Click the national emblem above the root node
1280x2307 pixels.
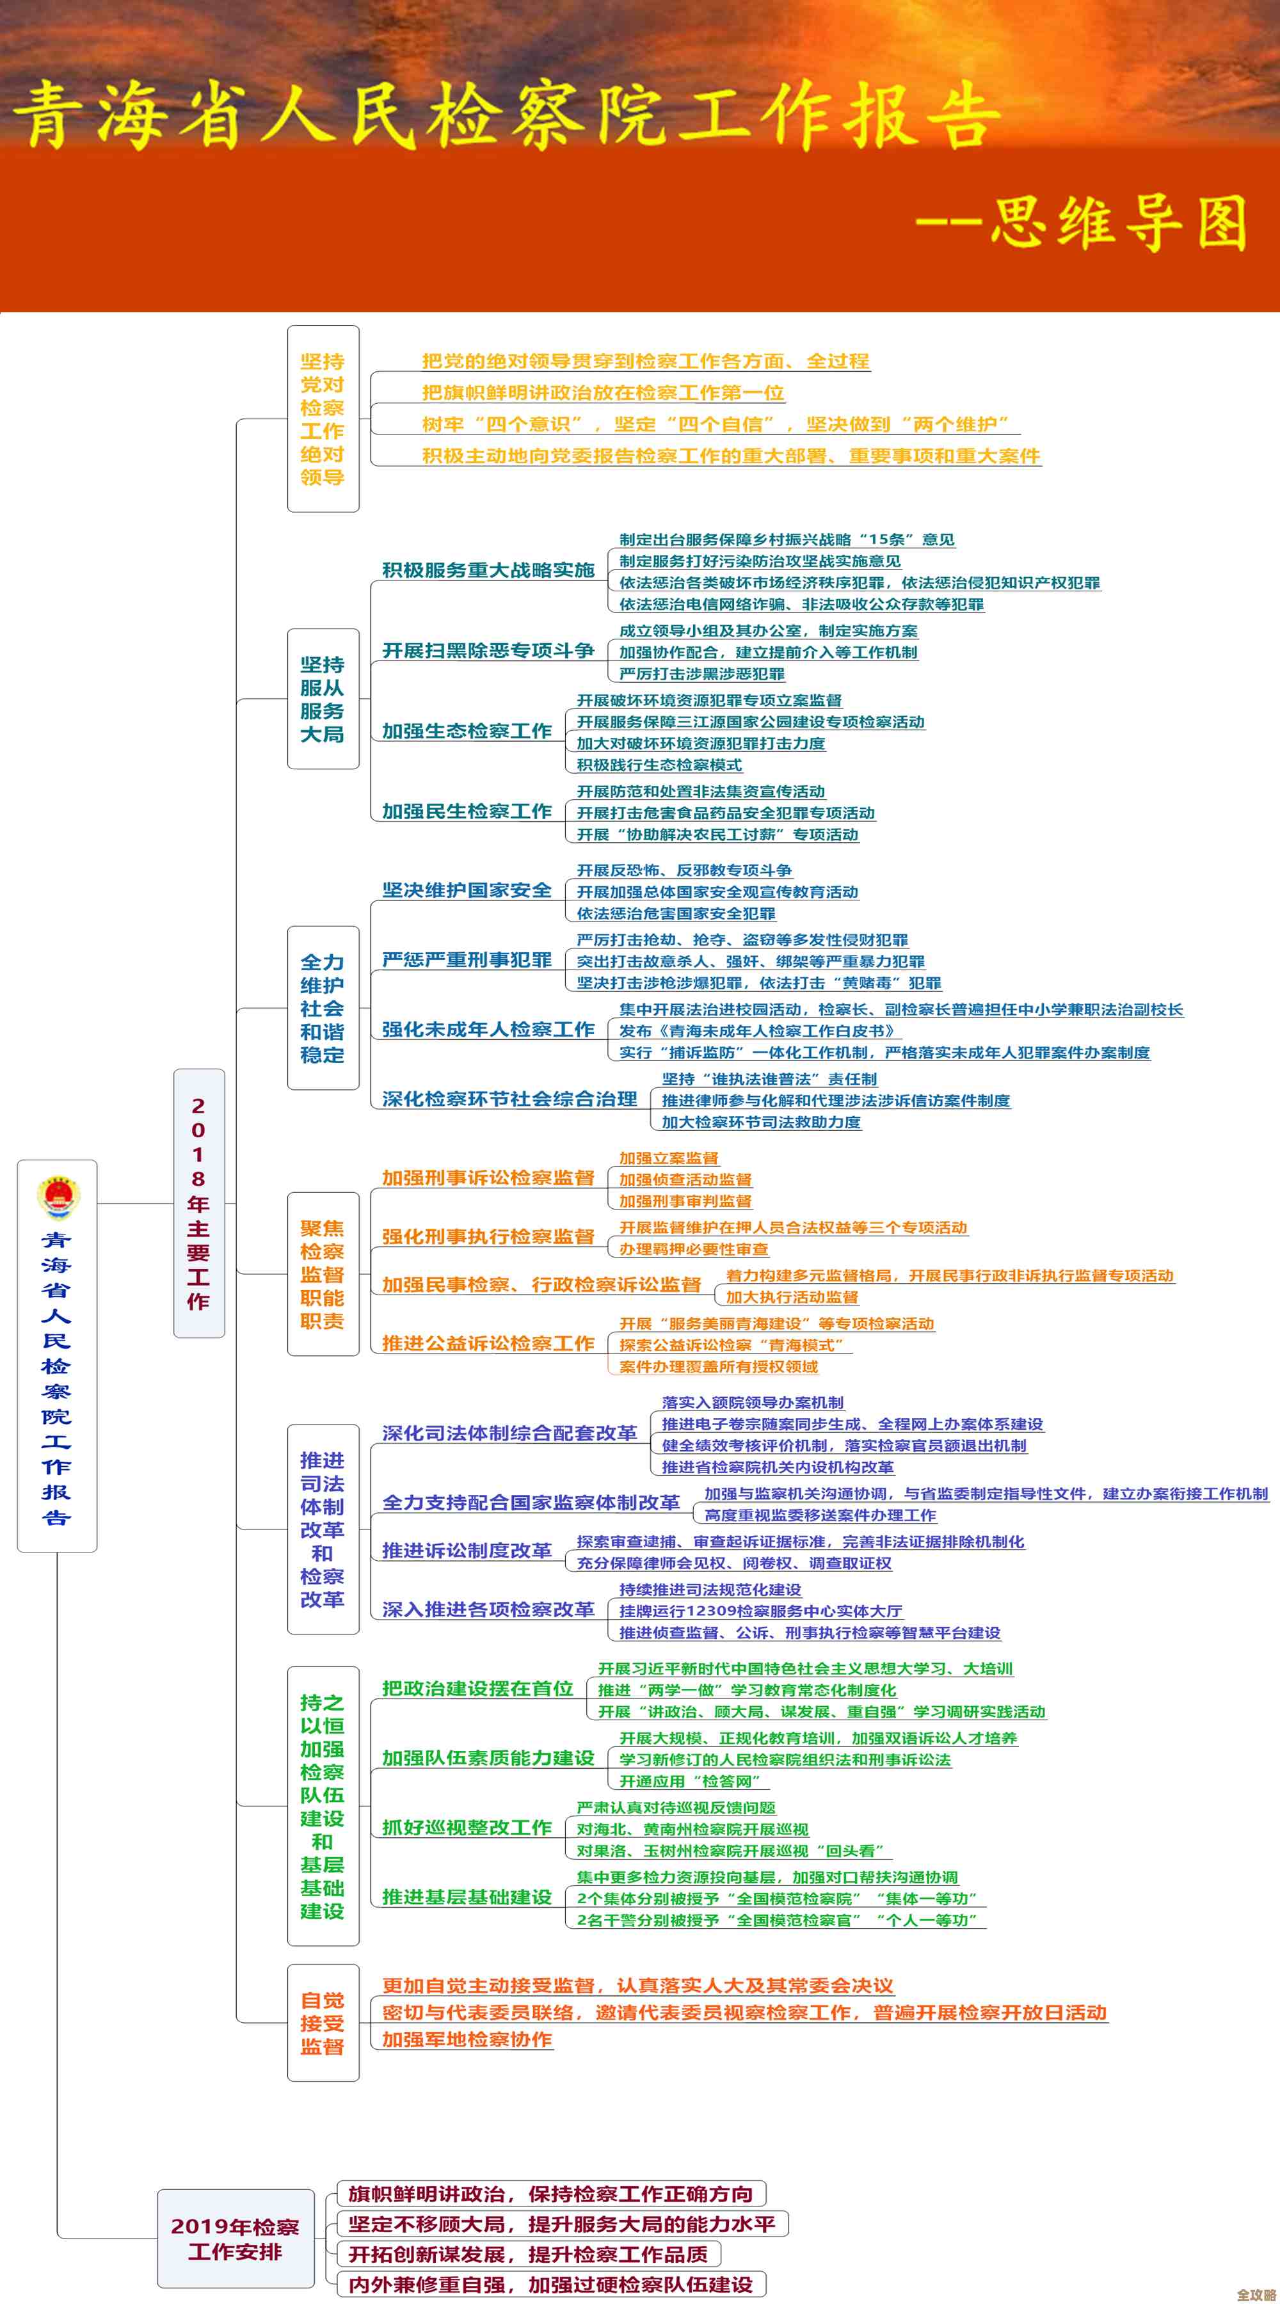pos(58,1197)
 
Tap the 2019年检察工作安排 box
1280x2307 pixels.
pos(236,2238)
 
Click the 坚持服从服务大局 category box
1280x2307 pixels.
pos(323,699)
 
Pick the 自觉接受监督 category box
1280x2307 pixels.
pos(323,2023)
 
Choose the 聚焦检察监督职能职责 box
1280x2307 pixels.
pos(323,1273)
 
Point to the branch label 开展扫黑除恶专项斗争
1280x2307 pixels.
pos(488,650)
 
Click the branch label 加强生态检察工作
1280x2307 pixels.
pos(467,731)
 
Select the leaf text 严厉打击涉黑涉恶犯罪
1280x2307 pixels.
pos(701,673)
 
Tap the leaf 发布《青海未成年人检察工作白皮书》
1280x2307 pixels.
pos(758,1031)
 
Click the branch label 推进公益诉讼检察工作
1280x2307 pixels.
pos(488,1343)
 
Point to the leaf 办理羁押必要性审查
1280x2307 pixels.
pos(693,1249)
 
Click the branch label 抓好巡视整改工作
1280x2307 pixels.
pos(467,1827)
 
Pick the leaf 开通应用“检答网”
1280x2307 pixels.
pos(690,1782)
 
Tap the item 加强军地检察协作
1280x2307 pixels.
pos(467,2040)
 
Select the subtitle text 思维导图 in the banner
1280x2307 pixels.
pos(1119,222)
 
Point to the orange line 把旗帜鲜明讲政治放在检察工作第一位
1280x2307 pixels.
pos(603,392)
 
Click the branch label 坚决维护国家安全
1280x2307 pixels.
pos(467,890)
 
